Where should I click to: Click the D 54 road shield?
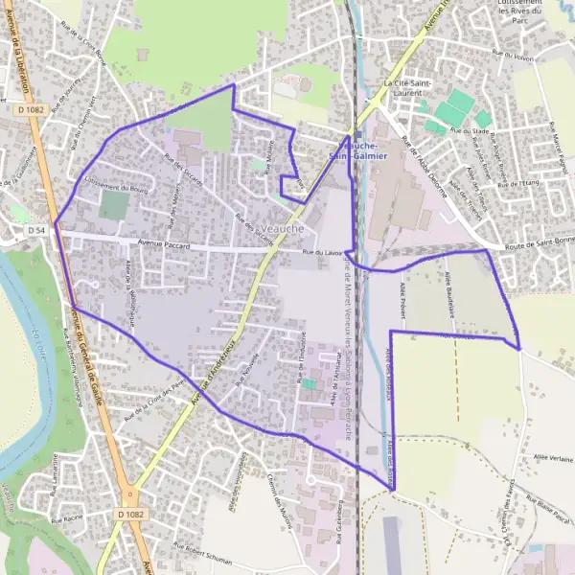[36, 231]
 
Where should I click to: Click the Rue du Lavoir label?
[322, 252]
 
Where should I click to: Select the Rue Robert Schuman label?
[204, 553]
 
